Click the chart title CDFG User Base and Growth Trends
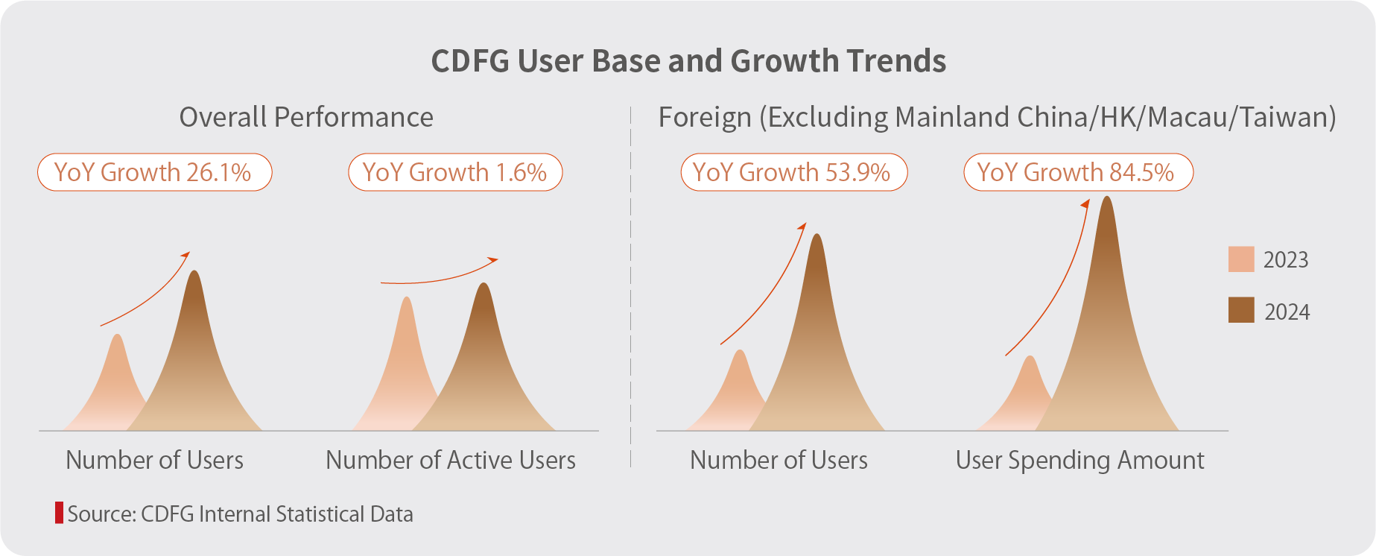coord(688,61)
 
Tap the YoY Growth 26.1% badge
coord(154,172)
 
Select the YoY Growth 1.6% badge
coord(454,172)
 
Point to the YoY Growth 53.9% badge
coord(793,172)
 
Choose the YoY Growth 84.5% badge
coord(1077,172)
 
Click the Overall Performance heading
coord(306,117)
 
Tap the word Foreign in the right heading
coord(705,117)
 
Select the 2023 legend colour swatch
coord(1241,259)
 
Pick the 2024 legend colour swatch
coord(1241,310)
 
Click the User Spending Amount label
coord(1079,460)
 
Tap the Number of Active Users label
coord(451,460)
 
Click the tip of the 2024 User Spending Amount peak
coord(1107,198)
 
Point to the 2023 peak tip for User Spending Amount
coord(1030,358)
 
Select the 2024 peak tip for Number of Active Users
coord(484,285)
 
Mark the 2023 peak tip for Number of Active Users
coord(407,299)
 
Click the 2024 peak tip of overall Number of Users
coord(195,272)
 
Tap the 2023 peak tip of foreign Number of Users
coord(740,352)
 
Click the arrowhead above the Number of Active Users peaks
coord(494,259)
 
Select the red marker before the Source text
coord(59,514)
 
